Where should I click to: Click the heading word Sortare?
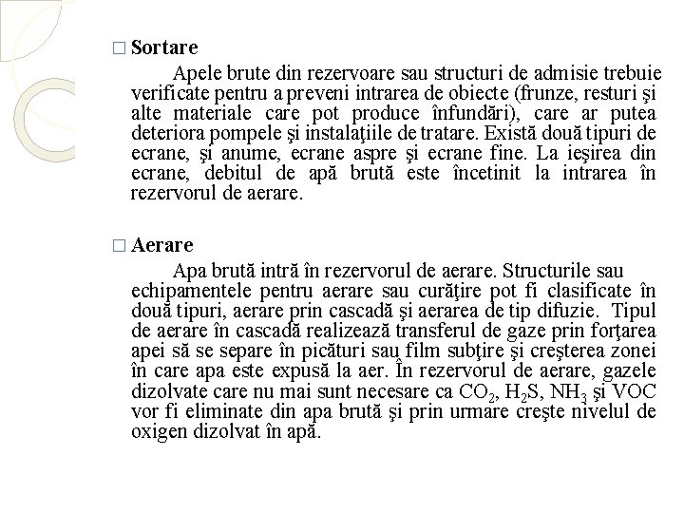pyautogui.click(x=164, y=46)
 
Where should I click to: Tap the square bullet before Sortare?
pyautogui.click(x=117, y=47)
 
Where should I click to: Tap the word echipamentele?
pyautogui.click(x=186, y=292)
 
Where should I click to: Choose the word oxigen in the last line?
pyautogui.click(x=159, y=431)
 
